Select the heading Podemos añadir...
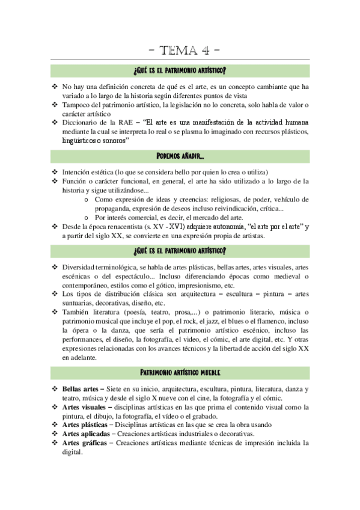(x=180, y=156)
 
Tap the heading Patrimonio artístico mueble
(x=180, y=373)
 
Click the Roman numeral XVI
(x=175, y=227)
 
